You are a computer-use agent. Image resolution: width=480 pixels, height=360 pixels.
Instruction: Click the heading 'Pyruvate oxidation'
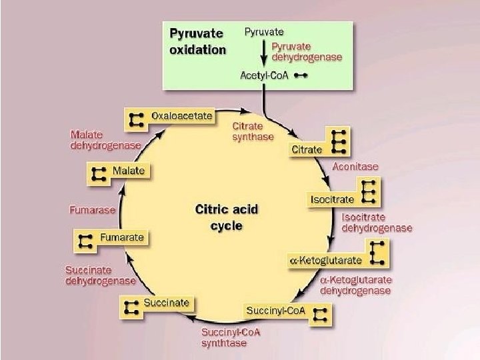[197, 41]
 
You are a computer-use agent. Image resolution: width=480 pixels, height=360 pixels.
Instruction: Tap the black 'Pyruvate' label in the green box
[265, 31]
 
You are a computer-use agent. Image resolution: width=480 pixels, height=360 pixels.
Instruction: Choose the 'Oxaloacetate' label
[181, 116]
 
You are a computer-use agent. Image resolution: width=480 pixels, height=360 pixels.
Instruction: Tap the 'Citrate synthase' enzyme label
[253, 131]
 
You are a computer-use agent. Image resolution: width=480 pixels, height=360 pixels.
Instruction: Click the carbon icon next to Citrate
[339, 142]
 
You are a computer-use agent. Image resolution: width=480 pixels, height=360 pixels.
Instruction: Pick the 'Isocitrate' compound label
[333, 198]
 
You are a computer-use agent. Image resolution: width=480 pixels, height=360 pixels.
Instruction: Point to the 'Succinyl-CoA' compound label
[276, 311]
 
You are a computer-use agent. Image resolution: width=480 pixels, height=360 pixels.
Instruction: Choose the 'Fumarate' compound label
[121, 237]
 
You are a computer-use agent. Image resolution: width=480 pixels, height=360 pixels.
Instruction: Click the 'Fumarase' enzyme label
[92, 209]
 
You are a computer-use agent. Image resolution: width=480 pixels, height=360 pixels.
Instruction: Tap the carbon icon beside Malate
[99, 174]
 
